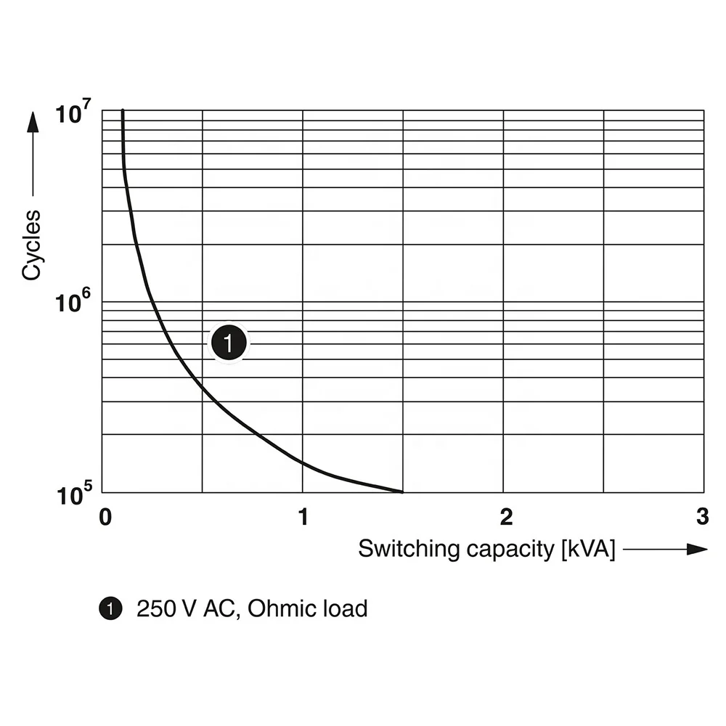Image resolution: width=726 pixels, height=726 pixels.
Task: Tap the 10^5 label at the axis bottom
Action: (73, 495)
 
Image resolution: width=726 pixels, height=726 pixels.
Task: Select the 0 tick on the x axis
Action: (105, 517)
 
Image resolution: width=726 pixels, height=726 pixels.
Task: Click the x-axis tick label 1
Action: (303, 517)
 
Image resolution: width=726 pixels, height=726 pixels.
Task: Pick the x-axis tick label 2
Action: (506, 517)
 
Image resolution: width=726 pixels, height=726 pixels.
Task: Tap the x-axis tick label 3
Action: (701, 517)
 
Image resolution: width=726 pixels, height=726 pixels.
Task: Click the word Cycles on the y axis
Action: (31, 245)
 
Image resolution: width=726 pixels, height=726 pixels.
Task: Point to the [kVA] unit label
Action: (588, 549)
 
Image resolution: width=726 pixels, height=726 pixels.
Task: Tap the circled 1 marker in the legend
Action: (110, 608)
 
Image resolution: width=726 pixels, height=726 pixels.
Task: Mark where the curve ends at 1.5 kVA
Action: (402, 492)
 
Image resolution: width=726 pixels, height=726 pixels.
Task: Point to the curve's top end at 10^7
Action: (123, 110)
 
